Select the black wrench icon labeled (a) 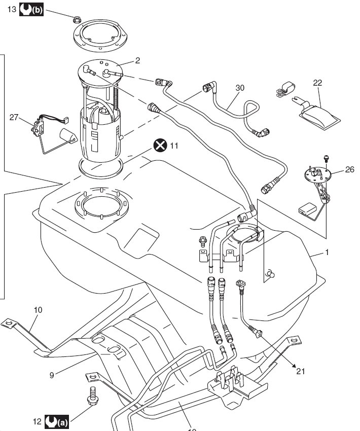(57, 421)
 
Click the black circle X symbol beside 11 (160, 146)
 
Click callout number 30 (240, 87)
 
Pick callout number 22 (318, 83)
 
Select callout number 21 (301, 372)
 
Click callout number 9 (52, 375)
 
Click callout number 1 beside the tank (327, 252)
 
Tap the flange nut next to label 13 (76, 20)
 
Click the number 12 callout (37, 421)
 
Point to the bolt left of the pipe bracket (201, 241)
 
